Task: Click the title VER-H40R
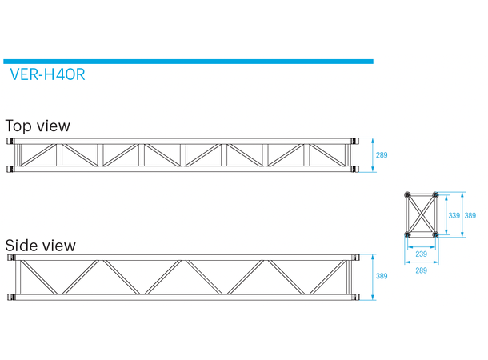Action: pyautogui.click(x=47, y=77)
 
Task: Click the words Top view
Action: pyautogui.click(x=38, y=126)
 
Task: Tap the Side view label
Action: pyautogui.click(x=41, y=246)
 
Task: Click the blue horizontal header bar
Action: pyautogui.click(x=188, y=61)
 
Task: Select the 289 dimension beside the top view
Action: pyautogui.click(x=382, y=155)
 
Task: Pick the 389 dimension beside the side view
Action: pyautogui.click(x=382, y=277)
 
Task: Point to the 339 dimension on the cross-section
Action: pyautogui.click(x=454, y=215)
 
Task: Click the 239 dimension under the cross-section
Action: pyautogui.click(x=422, y=254)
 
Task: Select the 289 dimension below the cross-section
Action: pyautogui.click(x=422, y=270)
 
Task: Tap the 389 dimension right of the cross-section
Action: pyautogui.click(x=470, y=215)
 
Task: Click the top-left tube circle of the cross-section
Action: pyautogui.click(x=409, y=195)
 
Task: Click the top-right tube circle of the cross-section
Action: pyautogui.click(x=435, y=195)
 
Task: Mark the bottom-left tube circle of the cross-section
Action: pyautogui.click(x=409, y=234)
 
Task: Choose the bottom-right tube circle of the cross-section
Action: pyautogui.click(x=435, y=234)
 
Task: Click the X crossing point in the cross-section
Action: pyautogui.click(x=422, y=215)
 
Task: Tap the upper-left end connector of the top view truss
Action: pyautogui.click(x=11, y=142)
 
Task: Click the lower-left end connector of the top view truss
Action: pyautogui.click(x=11, y=168)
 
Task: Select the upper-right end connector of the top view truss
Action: pyautogui.click(x=354, y=142)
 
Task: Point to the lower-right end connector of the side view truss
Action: pyautogui.click(x=354, y=298)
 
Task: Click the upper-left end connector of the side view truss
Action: pyautogui.click(x=11, y=258)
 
